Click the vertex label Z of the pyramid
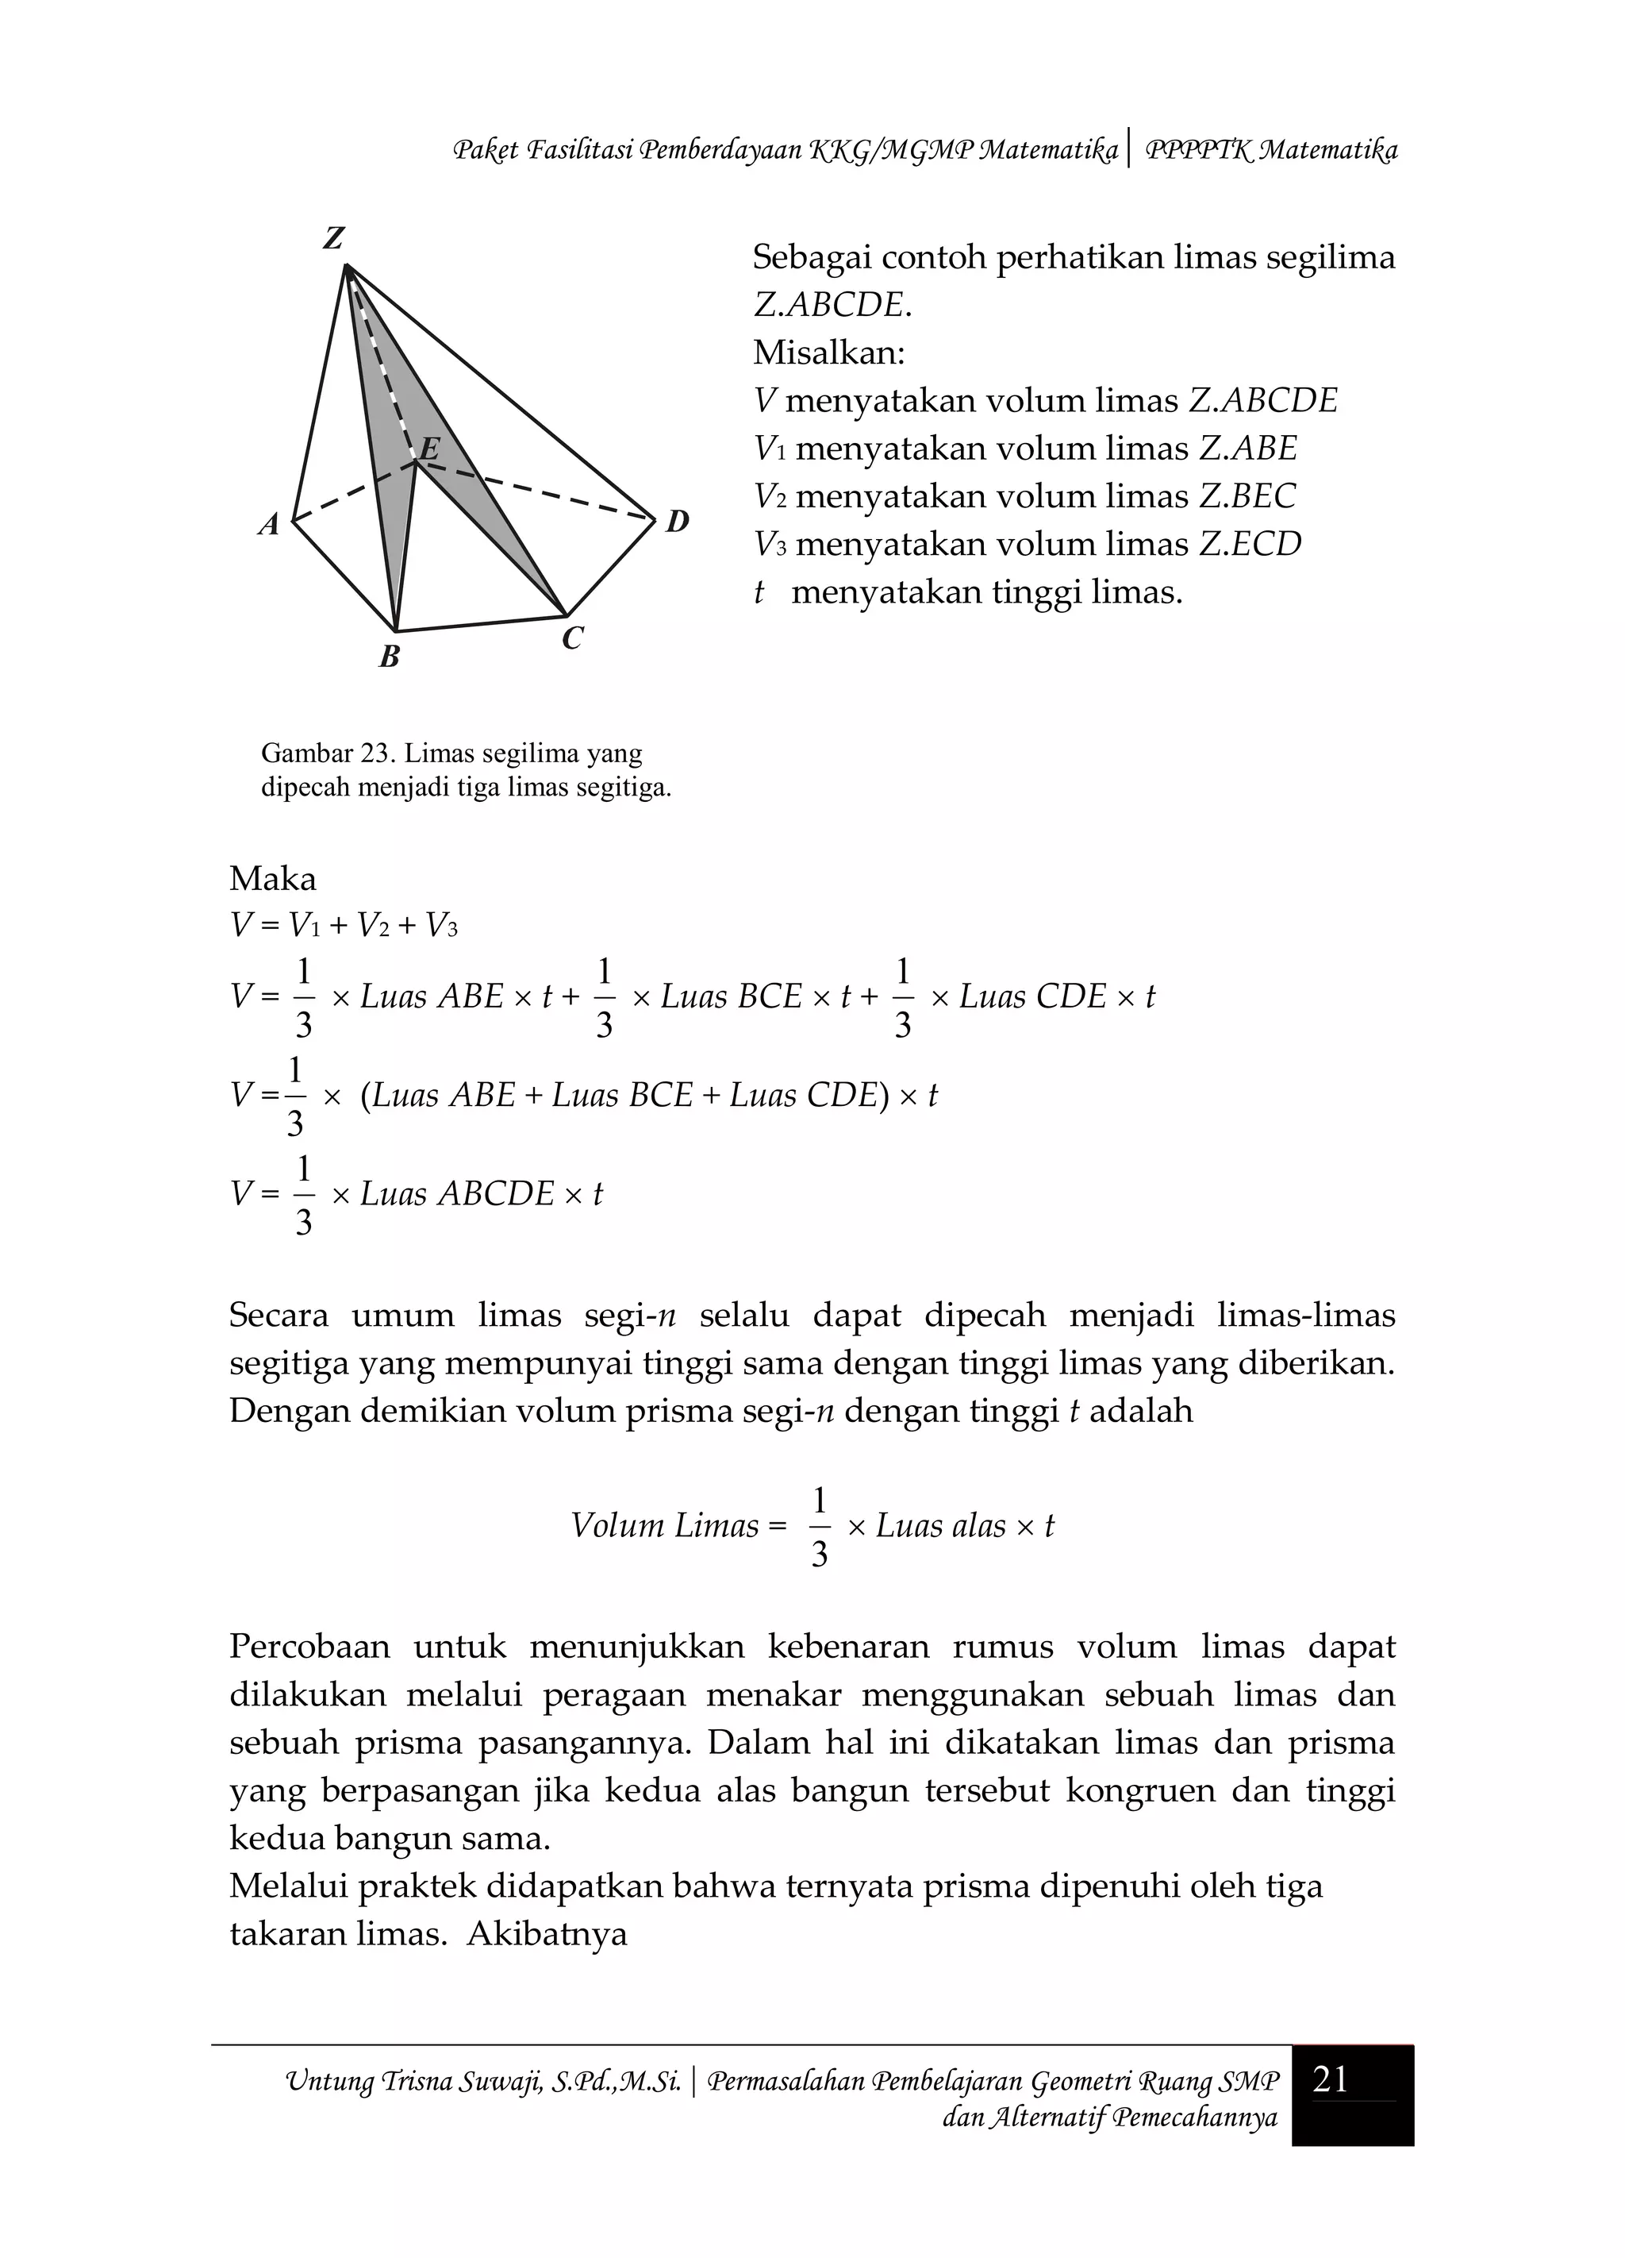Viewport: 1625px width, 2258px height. [x=333, y=239]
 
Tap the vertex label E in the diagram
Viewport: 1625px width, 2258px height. [x=429, y=449]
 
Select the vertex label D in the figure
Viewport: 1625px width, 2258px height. [x=677, y=521]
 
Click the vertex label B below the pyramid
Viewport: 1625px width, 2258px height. [x=390, y=657]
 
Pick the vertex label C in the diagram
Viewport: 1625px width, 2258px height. [x=572, y=638]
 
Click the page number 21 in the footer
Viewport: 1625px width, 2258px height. [x=1331, y=2080]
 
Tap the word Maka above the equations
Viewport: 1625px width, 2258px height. [x=273, y=879]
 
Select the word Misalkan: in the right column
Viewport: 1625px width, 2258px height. [x=829, y=353]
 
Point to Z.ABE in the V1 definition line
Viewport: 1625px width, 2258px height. [x=1248, y=449]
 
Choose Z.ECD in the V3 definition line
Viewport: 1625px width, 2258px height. [x=1250, y=545]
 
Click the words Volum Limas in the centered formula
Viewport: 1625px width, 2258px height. [x=665, y=1526]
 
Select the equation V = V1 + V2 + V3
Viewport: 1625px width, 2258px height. [x=344, y=927]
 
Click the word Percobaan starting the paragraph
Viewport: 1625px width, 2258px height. [x=309, y=1647]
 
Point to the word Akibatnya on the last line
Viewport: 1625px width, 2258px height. [x=547, y=1934]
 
